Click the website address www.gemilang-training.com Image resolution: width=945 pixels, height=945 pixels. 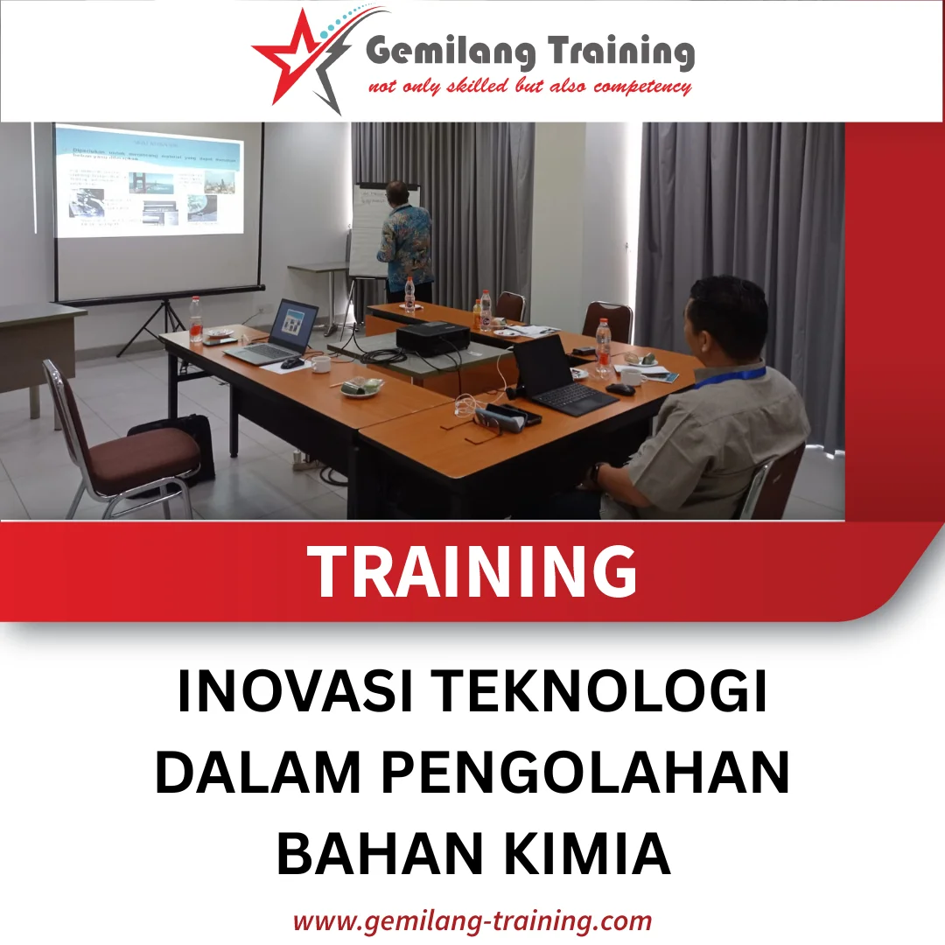click(472, 920)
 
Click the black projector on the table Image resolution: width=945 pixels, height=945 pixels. click(433, 338)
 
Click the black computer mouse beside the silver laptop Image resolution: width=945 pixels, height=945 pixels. click(292, 363)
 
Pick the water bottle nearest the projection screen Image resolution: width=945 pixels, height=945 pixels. click(195, 319)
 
